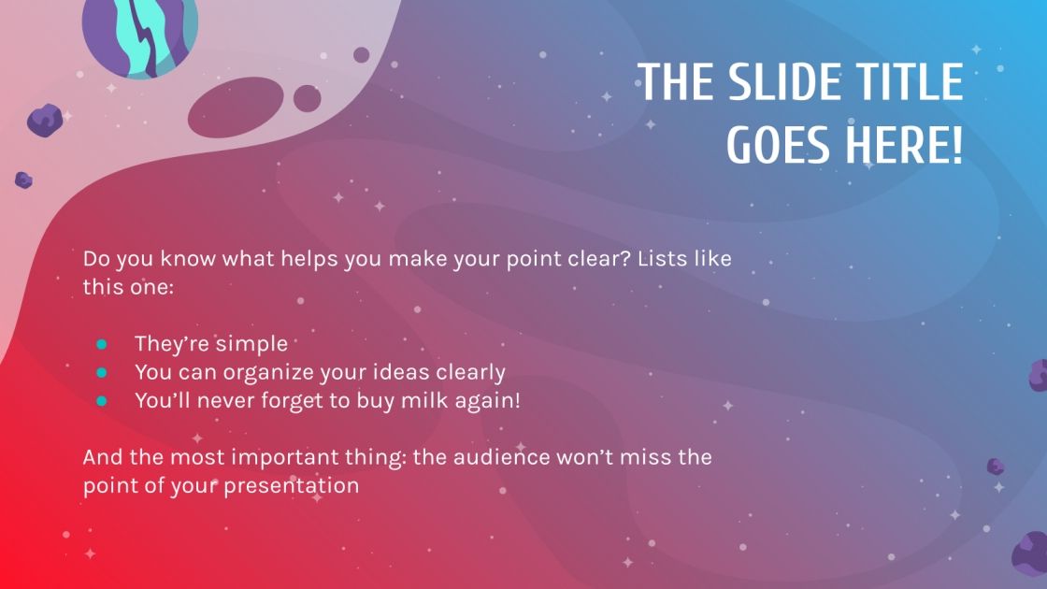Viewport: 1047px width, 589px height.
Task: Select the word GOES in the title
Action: tap(778, 146)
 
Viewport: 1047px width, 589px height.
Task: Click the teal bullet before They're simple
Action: tap(101, 344)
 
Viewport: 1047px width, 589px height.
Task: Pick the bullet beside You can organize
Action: tap(101, 372)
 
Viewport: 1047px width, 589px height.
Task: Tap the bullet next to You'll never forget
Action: tap(101, 400)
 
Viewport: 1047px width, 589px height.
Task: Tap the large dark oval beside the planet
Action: tap(238, 108)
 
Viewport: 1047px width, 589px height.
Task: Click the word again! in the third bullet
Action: tap(512, 400)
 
